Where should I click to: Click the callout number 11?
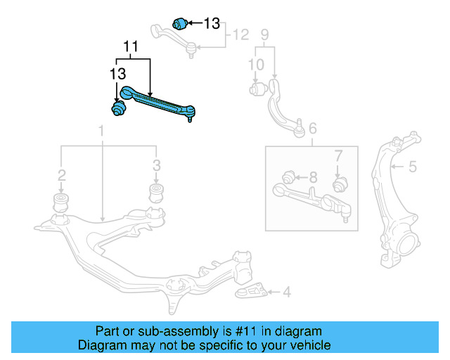coord(130,47)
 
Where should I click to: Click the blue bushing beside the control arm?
coord(118,108)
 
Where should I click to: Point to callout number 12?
coord(240,34)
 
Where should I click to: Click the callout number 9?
coord(265,34)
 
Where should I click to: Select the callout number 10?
coord(256,65)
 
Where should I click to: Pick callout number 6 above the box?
coord(313,127)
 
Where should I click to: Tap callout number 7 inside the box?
coord(337,155)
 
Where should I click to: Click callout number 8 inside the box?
coord(313,176)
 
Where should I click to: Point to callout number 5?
coord(413,167)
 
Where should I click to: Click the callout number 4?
coord(287,291)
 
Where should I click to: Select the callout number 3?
coord(156,165)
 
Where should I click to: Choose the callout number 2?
coord(62,174)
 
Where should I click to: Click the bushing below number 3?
coord(156,193)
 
